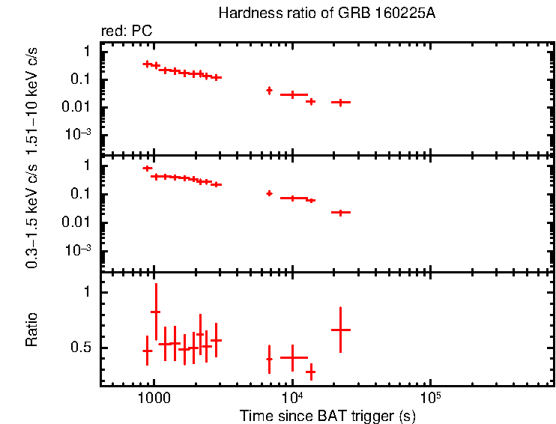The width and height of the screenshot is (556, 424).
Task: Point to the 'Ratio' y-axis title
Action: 31,329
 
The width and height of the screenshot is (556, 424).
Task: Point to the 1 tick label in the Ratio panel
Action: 87,293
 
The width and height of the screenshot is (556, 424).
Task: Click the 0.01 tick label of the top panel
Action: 79,107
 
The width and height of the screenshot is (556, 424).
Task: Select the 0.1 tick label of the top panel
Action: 82,79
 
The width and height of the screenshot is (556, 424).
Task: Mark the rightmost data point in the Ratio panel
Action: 341,330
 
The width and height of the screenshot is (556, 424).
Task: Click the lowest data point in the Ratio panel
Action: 310,371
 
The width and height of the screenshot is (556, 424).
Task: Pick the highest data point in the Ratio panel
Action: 156,312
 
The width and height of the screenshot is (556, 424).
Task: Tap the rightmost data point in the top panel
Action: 341,102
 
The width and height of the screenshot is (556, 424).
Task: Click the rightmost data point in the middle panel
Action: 341,213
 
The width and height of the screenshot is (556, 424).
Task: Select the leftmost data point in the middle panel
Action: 147,169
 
